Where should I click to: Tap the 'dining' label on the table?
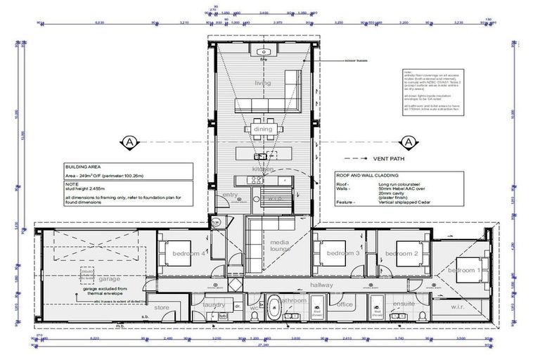[x=263, y=129]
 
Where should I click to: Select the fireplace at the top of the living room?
[x=264, y=53]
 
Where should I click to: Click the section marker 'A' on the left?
[x=129, y=141]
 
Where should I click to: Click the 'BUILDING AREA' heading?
[x=82, y=168]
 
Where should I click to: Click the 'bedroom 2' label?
[x=406, y=252]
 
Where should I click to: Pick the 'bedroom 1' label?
[x=464, y=270]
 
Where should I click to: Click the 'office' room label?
[x=345, y=304]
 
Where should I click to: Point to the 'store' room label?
[x=162, y=307]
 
